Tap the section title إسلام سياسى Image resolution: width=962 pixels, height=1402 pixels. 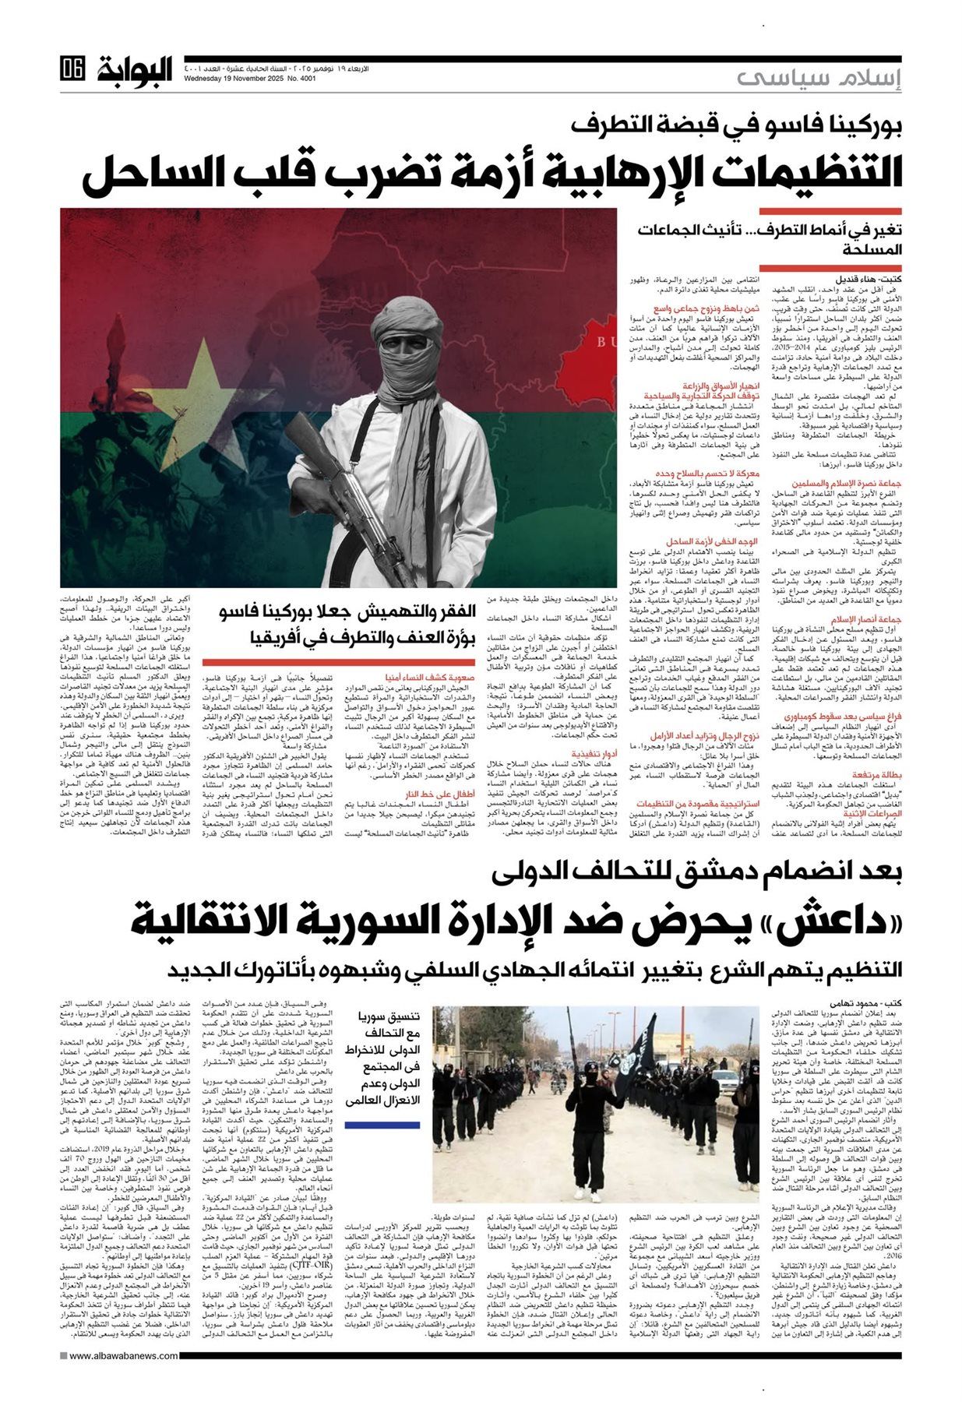pyautogui.click(x=818, y=78)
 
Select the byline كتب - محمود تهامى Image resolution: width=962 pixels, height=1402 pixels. pyautogui.click(x=869, y=1002)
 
